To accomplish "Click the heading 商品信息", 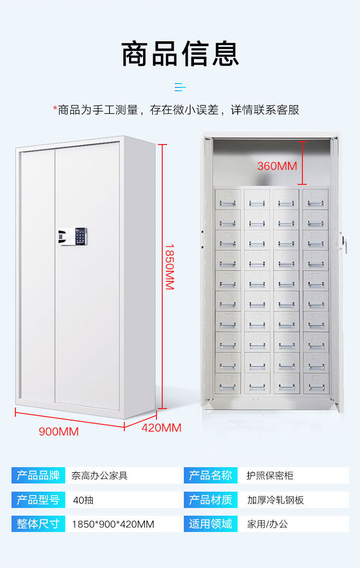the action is point(180,54).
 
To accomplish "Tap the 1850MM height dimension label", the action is point(169,266).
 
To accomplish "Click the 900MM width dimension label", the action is point(59,431).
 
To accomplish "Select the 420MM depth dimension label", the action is point(161,427).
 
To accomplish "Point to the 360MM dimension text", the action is point(277,166).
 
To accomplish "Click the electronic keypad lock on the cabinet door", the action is point(74,236).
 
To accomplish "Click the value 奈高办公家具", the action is point(99,476).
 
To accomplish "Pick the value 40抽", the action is point(83,500).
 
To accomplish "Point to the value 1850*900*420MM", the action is point(113,524).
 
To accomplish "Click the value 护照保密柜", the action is point(270,476).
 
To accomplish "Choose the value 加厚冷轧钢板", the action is point(276,500).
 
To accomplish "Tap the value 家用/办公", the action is point(267,524).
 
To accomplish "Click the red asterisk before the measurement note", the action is point(55,109).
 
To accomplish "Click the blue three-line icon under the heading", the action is point(180,87).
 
